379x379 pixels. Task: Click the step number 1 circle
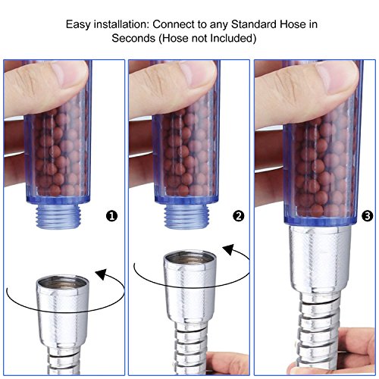(112, 216)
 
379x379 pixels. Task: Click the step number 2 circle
(239, 216)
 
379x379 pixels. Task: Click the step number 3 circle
(368, 216)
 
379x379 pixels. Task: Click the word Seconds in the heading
(133, 39)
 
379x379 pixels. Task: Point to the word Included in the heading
(233, 39)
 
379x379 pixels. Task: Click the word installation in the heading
(121, 24)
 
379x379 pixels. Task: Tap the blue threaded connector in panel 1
(58, 216)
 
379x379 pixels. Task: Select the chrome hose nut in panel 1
(63, 313)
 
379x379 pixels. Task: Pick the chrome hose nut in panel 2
(190, 287)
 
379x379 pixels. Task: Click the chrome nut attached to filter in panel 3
(320, 260)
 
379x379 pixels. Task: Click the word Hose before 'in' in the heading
(293, 24)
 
